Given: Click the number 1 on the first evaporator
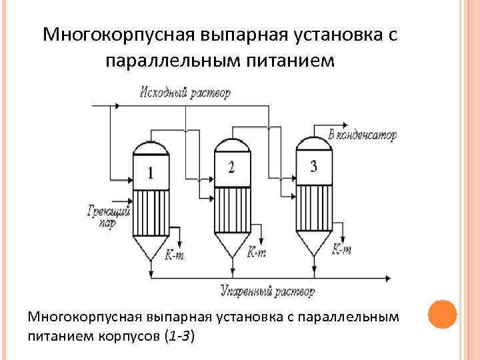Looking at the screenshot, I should pyautogui.click(x=150, y=173).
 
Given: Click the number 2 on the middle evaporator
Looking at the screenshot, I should pyautogui.click(x=231, y=167).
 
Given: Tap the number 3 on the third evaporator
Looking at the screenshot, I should pyautogui.click(x=313, y=165).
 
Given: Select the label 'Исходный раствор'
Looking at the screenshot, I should pyautogui.click(x=185, y=93).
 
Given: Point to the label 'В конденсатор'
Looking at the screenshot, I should pyautogui.click(x=363, y=135).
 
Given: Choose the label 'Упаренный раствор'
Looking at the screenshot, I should pyautogui.click(x=267, y=291).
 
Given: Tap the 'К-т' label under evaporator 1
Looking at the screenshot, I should pyautogui.click(x=174, y=255).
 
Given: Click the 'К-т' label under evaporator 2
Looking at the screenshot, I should pyautogui.click(x=257, y=252).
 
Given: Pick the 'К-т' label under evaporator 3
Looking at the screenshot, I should pyautogui.click(x=342, y=250).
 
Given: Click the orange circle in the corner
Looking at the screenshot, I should pyautogui.click(x=442, y=313).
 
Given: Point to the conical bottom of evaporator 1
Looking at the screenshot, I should pyautogui.click(x=151, y=248).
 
